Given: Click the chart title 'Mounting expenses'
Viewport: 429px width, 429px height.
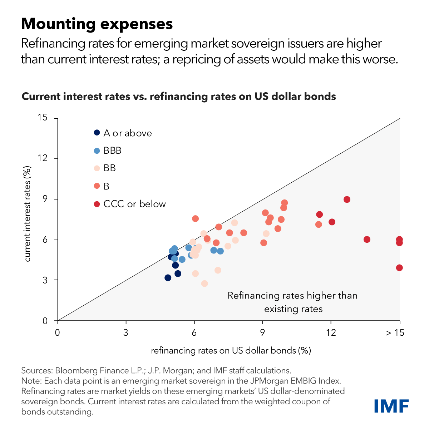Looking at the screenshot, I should pos(97,24).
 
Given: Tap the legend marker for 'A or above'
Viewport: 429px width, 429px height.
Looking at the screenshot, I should pos(97,133).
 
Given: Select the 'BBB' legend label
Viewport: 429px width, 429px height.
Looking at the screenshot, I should pos(112,151).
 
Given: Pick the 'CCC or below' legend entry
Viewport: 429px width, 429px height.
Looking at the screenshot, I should pos(134,204).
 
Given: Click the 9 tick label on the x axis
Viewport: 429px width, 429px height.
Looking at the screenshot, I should pos(262,333).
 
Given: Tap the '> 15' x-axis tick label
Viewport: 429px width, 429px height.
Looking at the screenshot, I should pos(395,333).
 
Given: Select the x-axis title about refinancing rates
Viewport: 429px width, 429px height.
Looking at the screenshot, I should pos(231,350).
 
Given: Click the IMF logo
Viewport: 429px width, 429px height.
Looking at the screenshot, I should pos(391,406).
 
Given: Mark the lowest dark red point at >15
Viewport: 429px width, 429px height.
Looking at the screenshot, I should pos(399,268).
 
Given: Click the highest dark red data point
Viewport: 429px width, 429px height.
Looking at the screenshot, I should pos(347,199).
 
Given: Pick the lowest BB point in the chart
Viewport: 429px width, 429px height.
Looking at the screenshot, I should pos(204,283).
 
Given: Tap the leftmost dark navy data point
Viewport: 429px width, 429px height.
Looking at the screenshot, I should pos(168,278).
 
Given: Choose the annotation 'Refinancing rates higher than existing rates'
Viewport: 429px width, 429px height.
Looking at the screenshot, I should pos(293,302).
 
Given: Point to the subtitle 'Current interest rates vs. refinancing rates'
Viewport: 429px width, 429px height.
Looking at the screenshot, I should pos(179,97).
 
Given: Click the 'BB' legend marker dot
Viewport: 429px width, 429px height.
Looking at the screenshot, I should pos(97,168).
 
